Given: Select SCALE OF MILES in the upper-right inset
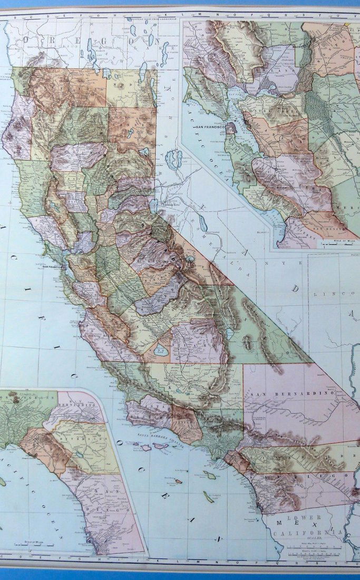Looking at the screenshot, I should [x=343, y=241].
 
